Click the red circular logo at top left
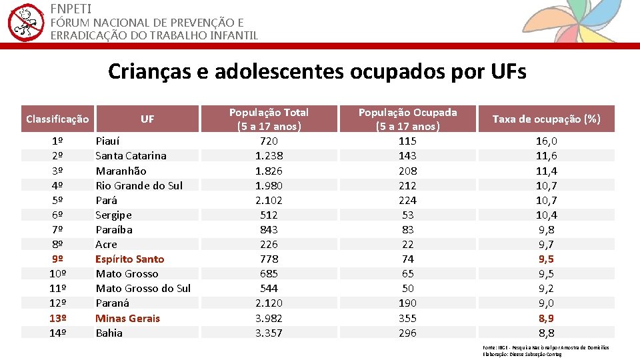click(x=25, y=22)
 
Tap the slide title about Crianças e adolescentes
click(x=317, y=71)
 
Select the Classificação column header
click(x=57, y=119)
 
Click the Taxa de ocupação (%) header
click(x=546, y=119)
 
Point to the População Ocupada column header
click(x=407, y=119)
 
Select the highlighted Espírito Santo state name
click(x=129, y=259)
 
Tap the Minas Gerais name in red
click(x=127, y=318)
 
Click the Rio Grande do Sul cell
click(x=139, y=185)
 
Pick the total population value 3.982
click(x=269, y=318)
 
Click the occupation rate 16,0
click(x=547, y=141)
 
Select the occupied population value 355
click(x=407, y=318)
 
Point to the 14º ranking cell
click(x=57, y=333)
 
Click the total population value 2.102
click(x=269, y=200)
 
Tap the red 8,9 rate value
click(x=547, y=318)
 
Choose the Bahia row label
click(x=109, y=333)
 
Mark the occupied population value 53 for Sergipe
click(x=407, y=215)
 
